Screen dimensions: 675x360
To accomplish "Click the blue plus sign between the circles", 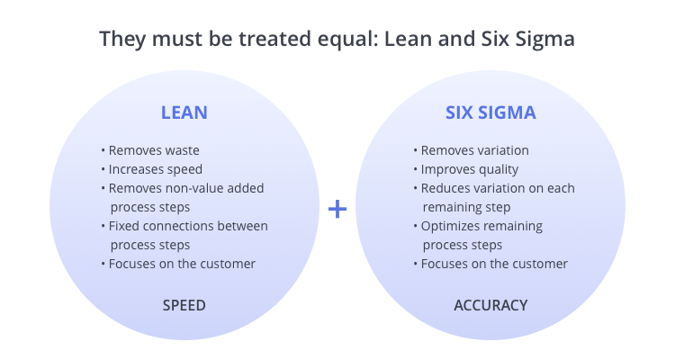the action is (x=337, y=210).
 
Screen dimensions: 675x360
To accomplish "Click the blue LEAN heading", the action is (x=184, y=112).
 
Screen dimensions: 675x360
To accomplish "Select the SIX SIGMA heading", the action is (x=490, y=112).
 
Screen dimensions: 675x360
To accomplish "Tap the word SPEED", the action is (x=184, y=305).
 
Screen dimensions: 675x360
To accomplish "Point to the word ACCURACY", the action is (x=490, y=305).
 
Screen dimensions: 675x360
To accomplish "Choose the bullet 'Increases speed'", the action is (x=152, y=170).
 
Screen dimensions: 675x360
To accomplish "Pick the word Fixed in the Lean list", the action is (x=121, y=226).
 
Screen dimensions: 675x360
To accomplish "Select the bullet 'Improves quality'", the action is (x=466, y=170).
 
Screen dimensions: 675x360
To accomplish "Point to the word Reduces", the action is (x=442, y=189).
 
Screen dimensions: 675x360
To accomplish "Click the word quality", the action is (x=498, y=170).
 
